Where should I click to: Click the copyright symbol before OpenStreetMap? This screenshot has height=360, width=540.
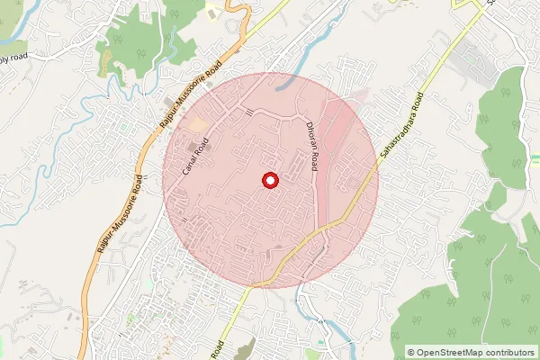411,352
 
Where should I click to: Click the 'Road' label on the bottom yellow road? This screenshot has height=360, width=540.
218,346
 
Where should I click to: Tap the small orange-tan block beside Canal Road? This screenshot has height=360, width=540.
197,123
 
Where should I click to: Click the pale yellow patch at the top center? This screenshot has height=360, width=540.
211,13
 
